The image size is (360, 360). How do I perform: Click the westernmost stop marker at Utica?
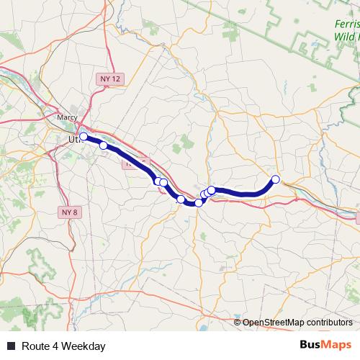84,136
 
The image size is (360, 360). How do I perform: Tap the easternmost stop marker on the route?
275,179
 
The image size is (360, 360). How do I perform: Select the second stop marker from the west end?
103,145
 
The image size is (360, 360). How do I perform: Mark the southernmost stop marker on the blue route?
199,203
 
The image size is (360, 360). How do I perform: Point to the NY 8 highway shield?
68,212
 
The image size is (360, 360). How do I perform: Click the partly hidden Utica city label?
73,138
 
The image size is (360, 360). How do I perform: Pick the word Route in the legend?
35,346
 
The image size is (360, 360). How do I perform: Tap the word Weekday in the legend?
84,346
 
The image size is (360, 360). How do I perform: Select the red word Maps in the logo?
337,346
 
